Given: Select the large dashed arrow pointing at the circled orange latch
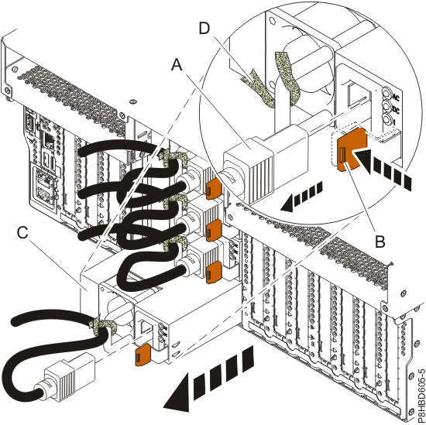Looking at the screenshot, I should coord(384,167).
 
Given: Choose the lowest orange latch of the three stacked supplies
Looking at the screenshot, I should coord(211,268).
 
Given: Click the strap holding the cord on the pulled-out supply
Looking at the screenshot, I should coord(105,326).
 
